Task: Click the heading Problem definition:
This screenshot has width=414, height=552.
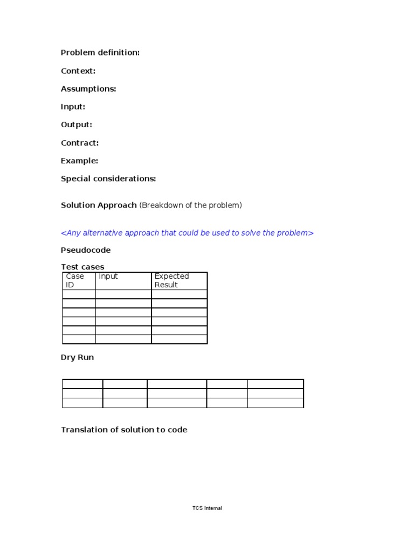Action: tap(100, 53)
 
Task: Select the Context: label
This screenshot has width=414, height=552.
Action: tap(78, 71)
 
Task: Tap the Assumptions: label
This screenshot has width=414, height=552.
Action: tap(88, 89)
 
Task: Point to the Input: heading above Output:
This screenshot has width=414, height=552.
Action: tap(73, 107)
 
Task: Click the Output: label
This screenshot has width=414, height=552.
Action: tap(77, 125)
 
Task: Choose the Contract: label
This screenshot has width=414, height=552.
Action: tap(80, 143)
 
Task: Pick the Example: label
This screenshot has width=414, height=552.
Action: tap(80, 161)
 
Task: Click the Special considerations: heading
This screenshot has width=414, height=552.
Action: tap(108, 178)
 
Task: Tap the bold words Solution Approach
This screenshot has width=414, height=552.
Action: tap(99, 205)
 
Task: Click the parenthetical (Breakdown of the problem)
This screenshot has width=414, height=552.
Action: tap(191, 205)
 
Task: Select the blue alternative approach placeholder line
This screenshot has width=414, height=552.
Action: tap(187, 233)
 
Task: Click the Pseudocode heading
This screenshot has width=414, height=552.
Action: tap(86, 250)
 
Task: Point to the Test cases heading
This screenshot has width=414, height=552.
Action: tap(82, 267)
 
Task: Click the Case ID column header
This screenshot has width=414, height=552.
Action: tap(75, 280)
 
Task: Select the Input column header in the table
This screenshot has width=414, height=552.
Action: tap(108, 277)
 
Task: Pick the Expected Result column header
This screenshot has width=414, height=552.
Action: tap(171, 280)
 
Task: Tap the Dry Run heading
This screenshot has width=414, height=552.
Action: tap(77, 357)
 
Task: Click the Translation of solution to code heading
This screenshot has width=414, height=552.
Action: tap(124, 430)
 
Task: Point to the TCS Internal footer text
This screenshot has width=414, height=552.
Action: tap(207, 508)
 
